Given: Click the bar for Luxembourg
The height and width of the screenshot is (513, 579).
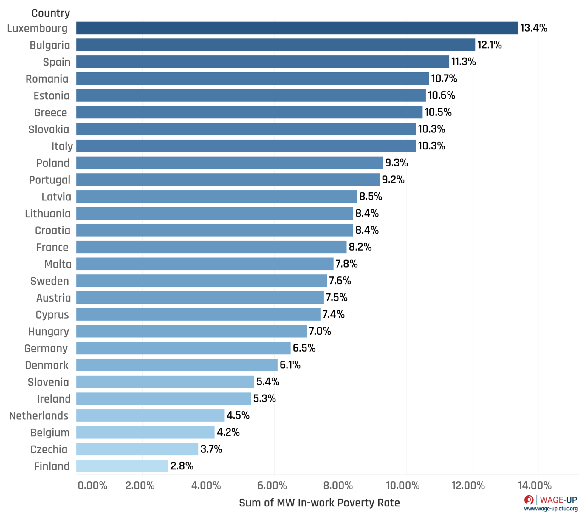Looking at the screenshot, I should coord(297,28).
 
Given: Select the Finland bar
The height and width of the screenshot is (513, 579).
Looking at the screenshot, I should coord(122,466).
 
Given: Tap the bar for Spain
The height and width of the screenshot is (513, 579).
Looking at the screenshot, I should coord(262,62).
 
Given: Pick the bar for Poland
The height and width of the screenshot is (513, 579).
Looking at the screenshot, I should coord(229,163).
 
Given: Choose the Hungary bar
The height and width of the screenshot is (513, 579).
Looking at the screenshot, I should coord(191,331).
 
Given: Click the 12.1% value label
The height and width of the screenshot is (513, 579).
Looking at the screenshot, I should coord(489,45).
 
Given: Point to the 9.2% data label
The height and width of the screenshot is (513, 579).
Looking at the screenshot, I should coord(393,180).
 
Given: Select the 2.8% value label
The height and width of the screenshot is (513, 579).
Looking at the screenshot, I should coord(182,466).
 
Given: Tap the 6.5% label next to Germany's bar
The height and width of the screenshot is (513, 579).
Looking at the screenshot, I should coord(304,348).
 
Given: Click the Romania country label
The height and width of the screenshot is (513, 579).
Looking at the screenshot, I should coord(47,79).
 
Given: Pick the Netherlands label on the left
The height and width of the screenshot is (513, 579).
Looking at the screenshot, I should coord(39,416).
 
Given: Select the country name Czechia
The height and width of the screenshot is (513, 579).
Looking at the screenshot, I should coord(49,449).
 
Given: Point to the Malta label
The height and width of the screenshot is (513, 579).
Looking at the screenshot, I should coord(58,264).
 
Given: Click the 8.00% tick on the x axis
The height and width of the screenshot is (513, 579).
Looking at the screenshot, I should coord(338,486).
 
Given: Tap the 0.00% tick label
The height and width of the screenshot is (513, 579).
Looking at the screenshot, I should coord(92,486).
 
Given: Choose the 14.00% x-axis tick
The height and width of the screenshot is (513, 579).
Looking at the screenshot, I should coord(535,486).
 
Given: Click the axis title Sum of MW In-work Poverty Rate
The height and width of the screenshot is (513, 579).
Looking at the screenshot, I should coord(319,503).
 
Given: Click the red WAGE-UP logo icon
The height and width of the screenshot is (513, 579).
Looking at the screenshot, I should coord(529,500).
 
